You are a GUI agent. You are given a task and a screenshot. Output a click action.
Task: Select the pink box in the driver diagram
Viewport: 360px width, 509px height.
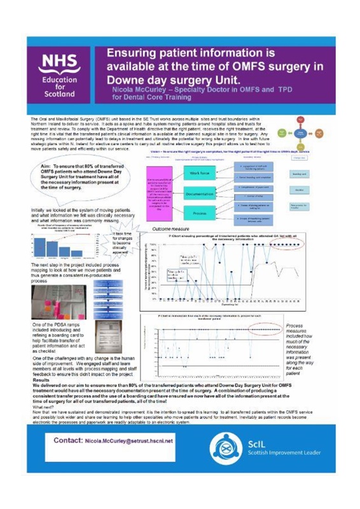tap(158, 189)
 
